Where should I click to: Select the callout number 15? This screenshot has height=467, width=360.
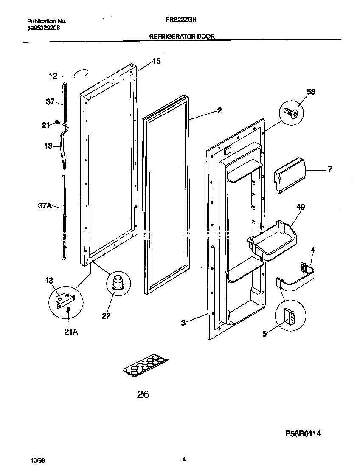pyautogui.click(x=156, y=61)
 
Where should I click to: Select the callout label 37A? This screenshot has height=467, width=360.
pyautogui.click(x=44, y=206)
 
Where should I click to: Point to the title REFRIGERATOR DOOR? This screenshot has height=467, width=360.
pyautogui.click(x=182, y=37)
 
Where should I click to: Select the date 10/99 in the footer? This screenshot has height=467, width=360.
pyautogui.click(x=37, y=460)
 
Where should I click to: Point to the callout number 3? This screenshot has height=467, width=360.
pyautogui.click(x=183, y=323)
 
